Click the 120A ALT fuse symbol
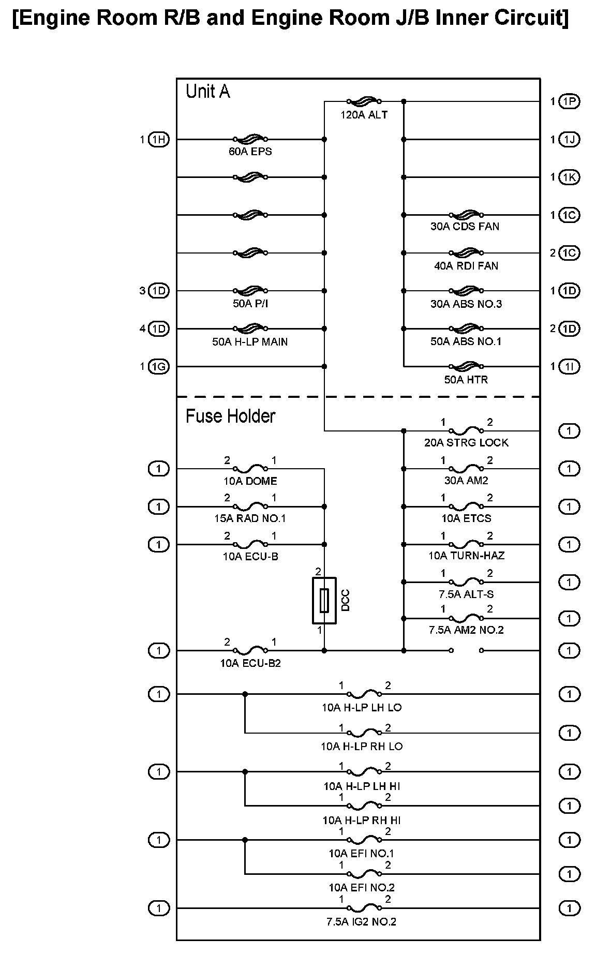pyautogui.click(x=364, y=101)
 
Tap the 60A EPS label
pyautogui.click(x=250, y=152)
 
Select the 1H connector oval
pyautogui.click(x=159, y=139)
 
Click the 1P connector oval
pyautogui.click(x=570, y=101)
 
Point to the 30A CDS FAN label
pyautogui.click(x=465, y=227)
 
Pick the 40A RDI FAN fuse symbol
pyautogui.click(x=467, y=253)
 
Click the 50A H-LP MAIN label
pyautogui.click(x=250, y=341)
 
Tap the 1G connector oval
pyautogui.click(x=159, y=367)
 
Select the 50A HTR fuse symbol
pyautogui.click(x=467, y=367)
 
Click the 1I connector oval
pyautogui.click(x=570, y=367)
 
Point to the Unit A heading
pyautogui.click(x=207, y=92)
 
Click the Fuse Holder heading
pyautogui.click(x=230, y=416)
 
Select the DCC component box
pyautogui.click(x=324, y=601)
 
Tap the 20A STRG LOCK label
pyautogui.click(x=467, y=443)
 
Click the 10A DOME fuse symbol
pyautogui.click(x=250, y=469)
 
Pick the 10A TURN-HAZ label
pyautogui.click(x=467, y=556)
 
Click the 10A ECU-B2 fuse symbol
pyautogui.click(x=250, y=650)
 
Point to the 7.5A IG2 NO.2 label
pyautogui.click(x=362, y=921)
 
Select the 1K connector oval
pyautogui.click(x=570, y=177)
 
